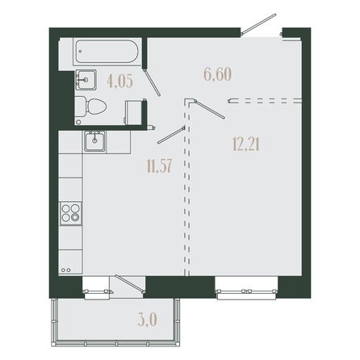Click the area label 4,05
[x=119, y=82]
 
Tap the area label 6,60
[x=218, y=74]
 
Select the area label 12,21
[x=246, y=144]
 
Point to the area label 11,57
[x=159, y=165]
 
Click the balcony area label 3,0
[x=148, y=320]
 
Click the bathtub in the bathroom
[x=107, y=52]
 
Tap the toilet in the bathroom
[x=90, y=107]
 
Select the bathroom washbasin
[x=86, y=80]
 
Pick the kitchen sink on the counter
[x=94, y=140]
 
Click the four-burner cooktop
[x=71, y=213]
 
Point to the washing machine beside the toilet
[x=133, y=113]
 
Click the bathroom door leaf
[x=153, y=82]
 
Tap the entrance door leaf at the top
[x=259, y=24]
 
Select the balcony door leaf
[x=130, y=284]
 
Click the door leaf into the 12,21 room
[x=209, y=109]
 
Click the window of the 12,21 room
[x=247, y=291]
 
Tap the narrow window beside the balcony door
[x=97, y=291]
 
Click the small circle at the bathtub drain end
[x=80, y=51]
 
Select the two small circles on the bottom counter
[x=66, y=270]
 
